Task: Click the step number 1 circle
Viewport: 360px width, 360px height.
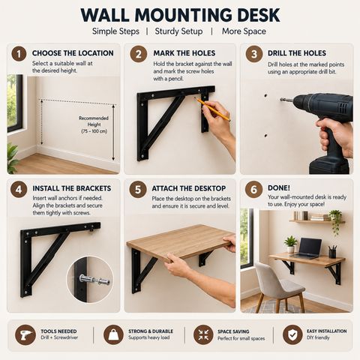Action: (x=19, y=54)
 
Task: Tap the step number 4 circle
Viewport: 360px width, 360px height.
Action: (x=19, y=190)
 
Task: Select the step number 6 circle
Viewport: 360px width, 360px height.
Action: (x=253, y=190)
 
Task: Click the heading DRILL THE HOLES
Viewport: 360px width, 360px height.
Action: (x=297, y=53)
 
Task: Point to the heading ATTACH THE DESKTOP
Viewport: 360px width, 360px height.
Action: (x=189, y=188)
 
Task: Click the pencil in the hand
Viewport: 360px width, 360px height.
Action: (x=212, y=109)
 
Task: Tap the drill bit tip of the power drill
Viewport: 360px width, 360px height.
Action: (x=281, y=100)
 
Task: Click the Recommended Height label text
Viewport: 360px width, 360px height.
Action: (x=94, y=124)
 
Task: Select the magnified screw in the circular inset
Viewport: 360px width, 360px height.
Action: (x=94, y=280)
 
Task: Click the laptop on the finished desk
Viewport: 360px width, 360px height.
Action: (x=307, y=248)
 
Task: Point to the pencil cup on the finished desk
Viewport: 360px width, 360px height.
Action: (x=332, y=252)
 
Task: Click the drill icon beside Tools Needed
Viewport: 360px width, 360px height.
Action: (x=25, y=335)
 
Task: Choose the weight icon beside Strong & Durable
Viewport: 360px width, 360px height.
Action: (x=113, y=335)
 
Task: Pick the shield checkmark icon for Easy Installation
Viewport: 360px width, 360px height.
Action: (x=292, y=335)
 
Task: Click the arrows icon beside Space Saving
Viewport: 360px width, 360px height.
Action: (x=203, y=335)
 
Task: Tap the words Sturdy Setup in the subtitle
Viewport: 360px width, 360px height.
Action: (x=178, y=31)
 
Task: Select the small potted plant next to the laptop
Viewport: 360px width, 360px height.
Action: (x=290, y=244)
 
